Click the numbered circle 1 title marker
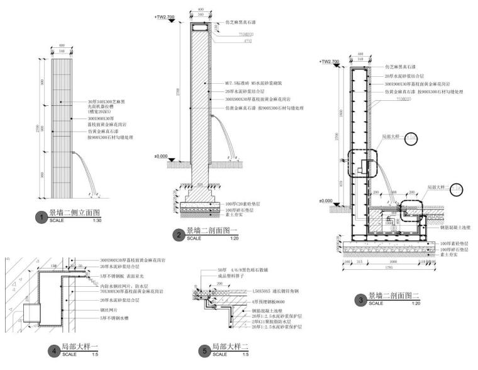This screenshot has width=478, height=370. [x=41, y=217]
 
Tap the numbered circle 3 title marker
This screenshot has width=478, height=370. [x=360, y=299]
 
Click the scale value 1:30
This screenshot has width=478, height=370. [x=97, y=221]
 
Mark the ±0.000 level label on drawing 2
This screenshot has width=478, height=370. [x=160, y=156]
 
